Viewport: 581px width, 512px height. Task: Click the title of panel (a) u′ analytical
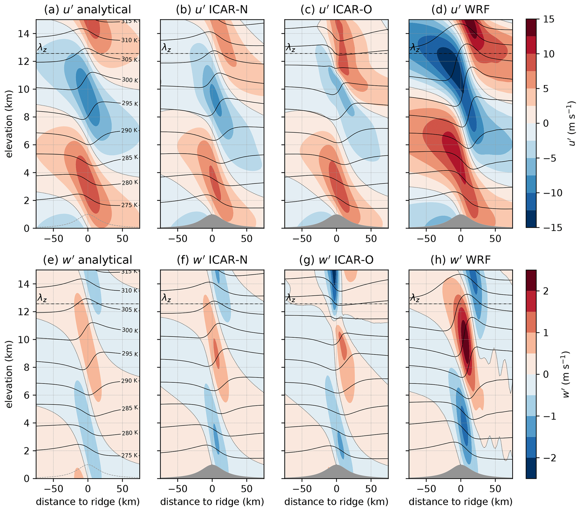coord(87,10)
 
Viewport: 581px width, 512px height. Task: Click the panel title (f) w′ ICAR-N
coord(212,260)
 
